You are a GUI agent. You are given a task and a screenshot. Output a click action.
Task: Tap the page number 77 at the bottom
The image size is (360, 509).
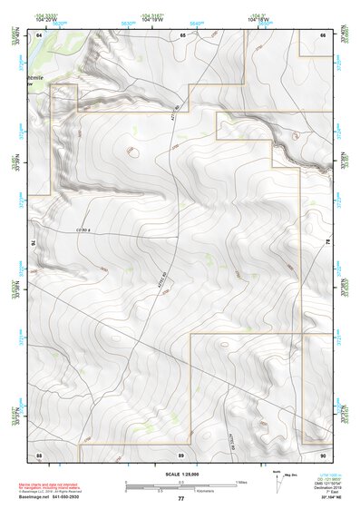point(180,499)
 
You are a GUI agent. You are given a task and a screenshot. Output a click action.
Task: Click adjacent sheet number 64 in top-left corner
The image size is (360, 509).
point(40,34)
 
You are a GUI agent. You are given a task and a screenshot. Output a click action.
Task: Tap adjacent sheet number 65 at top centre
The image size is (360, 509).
point(182,34)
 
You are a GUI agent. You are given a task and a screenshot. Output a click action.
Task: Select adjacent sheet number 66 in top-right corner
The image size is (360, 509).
point(323,34)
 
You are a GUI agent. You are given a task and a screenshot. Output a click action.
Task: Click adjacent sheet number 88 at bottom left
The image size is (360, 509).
point(39,453)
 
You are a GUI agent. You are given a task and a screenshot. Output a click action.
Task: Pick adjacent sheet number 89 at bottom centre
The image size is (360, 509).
point(181,453)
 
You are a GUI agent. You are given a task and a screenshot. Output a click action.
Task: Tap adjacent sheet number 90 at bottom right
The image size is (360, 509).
point(323,453)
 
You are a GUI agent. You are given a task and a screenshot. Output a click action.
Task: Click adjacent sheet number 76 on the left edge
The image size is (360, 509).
point(36,242)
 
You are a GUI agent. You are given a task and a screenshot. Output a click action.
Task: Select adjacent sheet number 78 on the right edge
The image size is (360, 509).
point(326,242)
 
